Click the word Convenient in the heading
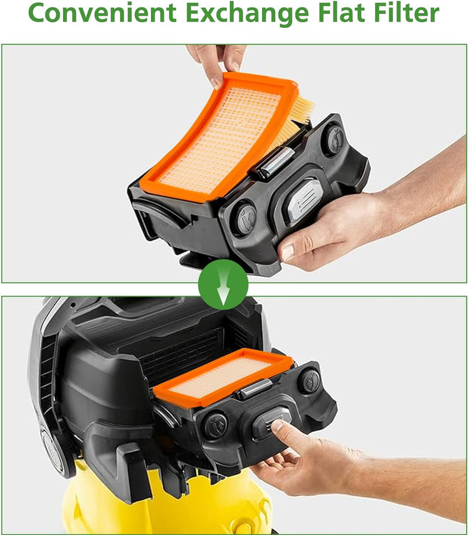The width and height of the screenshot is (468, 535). point(102,12)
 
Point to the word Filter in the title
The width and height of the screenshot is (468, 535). point(407,12)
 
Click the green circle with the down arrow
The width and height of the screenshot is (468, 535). point(223,284)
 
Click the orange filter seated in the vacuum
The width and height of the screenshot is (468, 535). point(224,378)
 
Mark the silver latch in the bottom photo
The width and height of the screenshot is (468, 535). point(255,389)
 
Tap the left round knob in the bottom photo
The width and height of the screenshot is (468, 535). point(216,425)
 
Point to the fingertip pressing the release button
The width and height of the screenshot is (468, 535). point(278,426)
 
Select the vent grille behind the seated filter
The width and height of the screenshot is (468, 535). point(181,355)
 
